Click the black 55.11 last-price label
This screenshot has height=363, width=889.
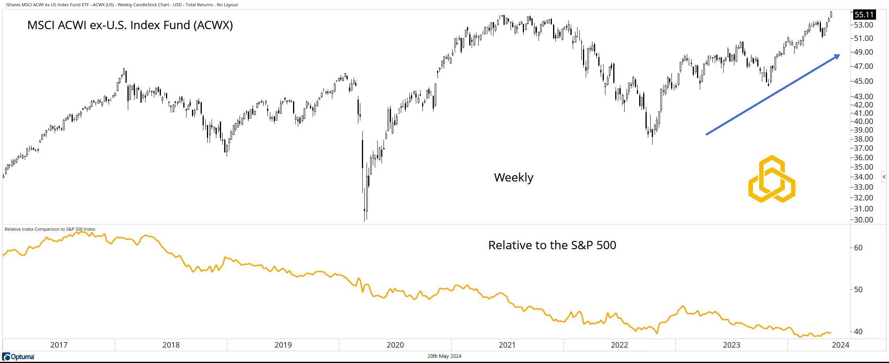pyautogui.click(x=864, y=15)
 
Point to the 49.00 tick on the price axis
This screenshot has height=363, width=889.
pyautogui.click(x=863, y=52)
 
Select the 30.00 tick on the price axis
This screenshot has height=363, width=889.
pyautogui.click(x=863, y=220)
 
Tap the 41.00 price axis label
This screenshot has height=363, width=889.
pyautogui.click(x=863, y=113)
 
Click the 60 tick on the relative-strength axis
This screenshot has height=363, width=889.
pyautogui.click(x=858, y=248)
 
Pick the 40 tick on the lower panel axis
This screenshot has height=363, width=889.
pyautogui.click(x=858, y=332)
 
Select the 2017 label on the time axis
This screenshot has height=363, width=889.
pyautogui.click(x=59, y=345)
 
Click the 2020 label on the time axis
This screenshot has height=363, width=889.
pyautogui.click(x=395, y=345)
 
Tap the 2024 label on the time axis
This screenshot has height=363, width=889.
pyautogui.click(x=840, y=345)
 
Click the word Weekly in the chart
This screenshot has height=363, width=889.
pyautogui.click(x=513, y=178)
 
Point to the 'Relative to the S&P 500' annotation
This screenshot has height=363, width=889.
pyautogui.click(x=552, y=245)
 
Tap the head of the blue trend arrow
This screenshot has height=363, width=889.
pyautogui.click(x=837, y=56)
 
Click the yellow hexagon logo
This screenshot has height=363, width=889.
pyautogui.click(x=772, y=180)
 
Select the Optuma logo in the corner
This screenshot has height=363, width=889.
pyautogui.click(x=18, y=357)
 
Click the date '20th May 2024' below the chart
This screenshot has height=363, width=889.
pyautogui.click(x=444, y=356)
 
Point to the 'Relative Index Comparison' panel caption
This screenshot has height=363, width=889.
pyautogui.click(x=50, y=229)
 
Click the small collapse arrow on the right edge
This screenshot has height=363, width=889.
pyautogui.click(x=884, y=177)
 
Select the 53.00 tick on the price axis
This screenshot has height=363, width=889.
pyautogui.click(x=863, y=25)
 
